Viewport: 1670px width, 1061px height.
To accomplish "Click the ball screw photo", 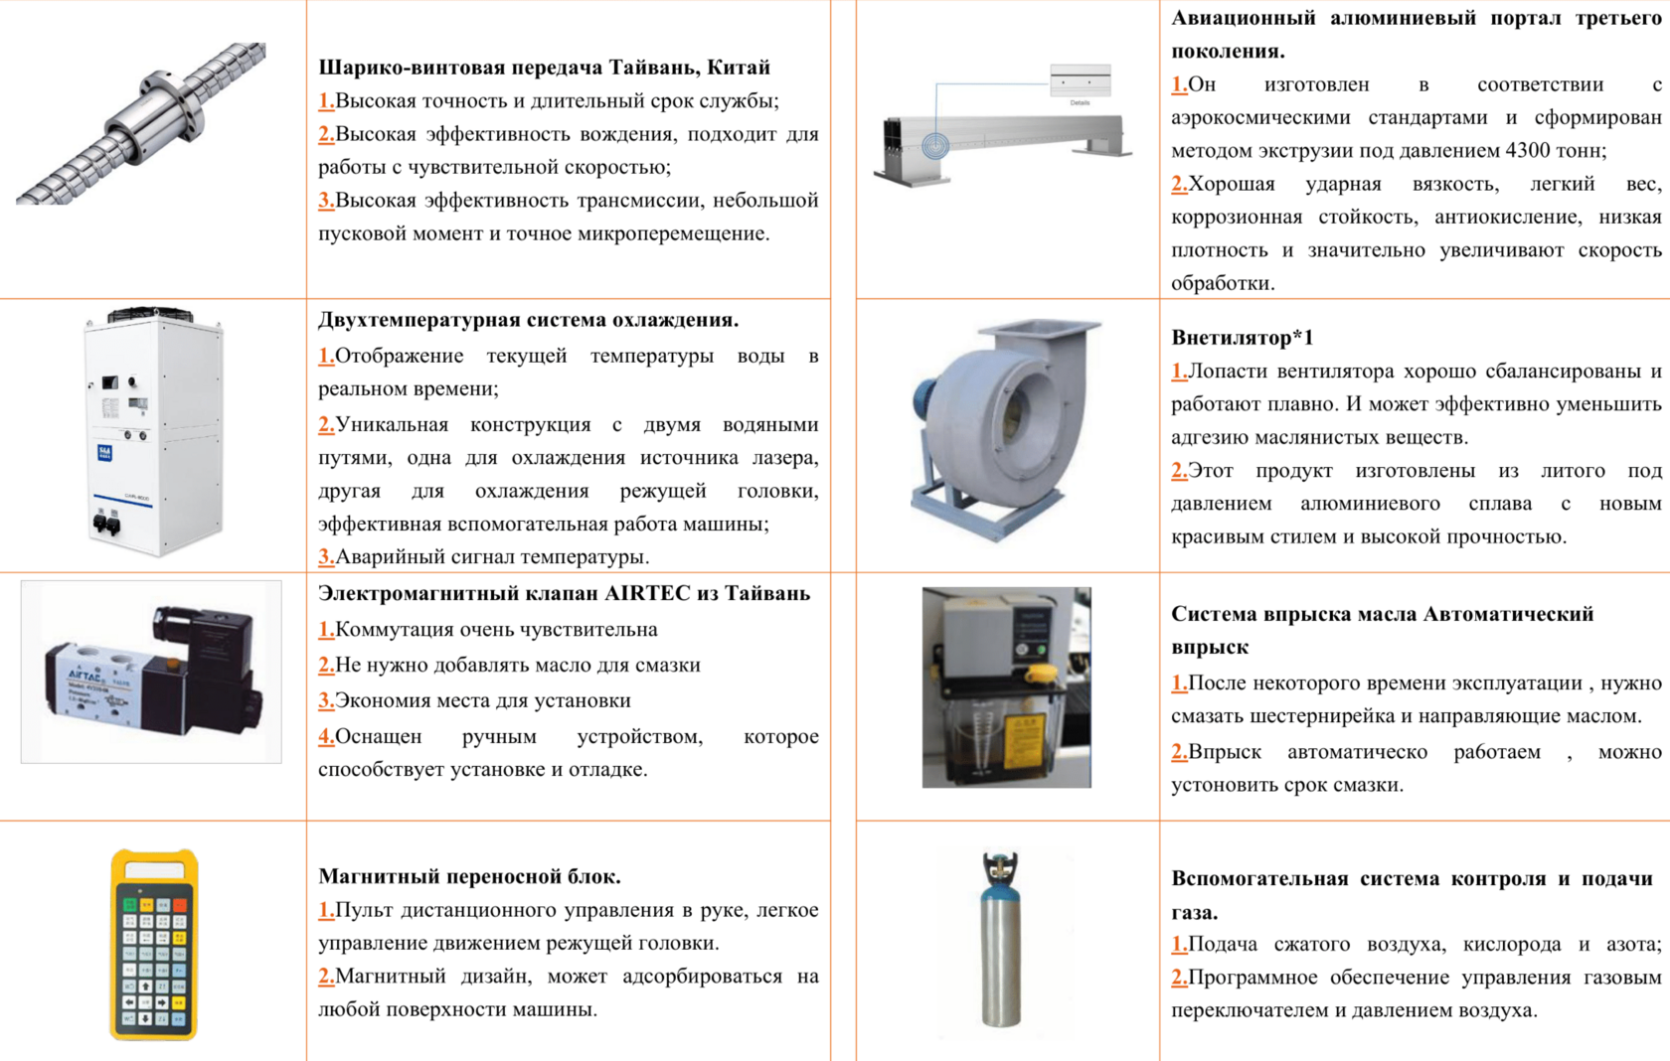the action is [x=141, y=123].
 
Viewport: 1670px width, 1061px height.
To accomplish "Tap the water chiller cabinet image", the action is [x=154, y=432].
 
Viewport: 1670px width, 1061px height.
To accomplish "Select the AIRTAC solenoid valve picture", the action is [x=151, y=672].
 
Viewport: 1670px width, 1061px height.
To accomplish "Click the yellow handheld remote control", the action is [x=154, y=944].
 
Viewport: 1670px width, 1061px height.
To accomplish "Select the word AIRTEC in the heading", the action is [x=648, y=593].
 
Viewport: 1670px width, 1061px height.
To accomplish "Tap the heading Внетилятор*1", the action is [x=1243, y=338].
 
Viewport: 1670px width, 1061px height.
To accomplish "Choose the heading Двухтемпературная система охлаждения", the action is [x=529, y=320].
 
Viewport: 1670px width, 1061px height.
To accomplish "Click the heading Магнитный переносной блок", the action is [x=469, y=877].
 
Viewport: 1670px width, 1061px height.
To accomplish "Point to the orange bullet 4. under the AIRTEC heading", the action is [x=326, y=736].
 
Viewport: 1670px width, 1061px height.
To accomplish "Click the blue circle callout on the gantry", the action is [x=934, y=145].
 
